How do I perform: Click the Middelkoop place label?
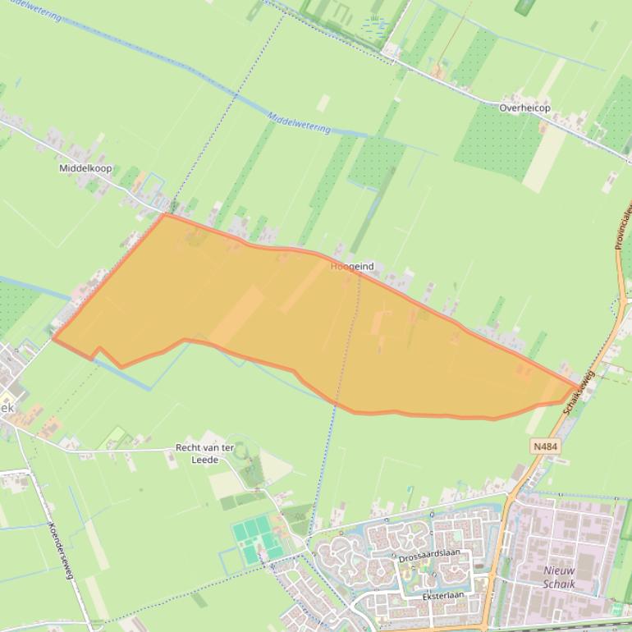[85, 168]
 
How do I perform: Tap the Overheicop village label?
[524, 108]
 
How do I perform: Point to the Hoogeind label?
[352, 267]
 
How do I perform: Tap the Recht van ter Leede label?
[204, 454]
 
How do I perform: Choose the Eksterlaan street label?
[443, 595]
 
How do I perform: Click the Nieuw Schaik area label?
[559, 577]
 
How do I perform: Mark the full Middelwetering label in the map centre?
[299, 123]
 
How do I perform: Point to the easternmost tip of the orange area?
[577, 386]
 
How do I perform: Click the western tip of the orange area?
[53, 337]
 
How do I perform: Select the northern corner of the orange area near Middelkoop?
[164, 215]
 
